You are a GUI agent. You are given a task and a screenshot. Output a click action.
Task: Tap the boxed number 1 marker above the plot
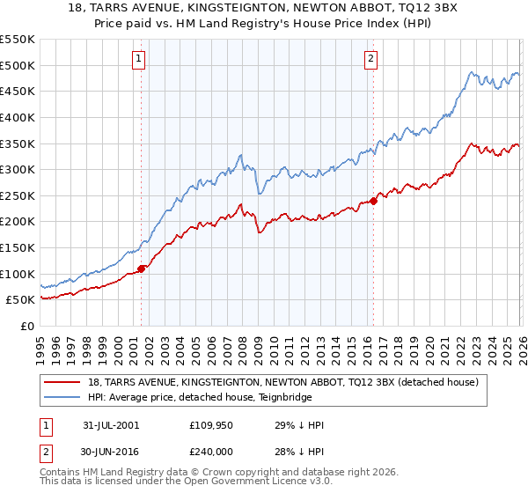pyautogui.click(x=140, y=59)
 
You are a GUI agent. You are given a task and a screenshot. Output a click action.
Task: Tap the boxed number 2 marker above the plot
pyautogui.click(x=370, y=59)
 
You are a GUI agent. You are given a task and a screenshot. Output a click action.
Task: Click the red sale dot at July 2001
pyautogui.click(x=142, y=269)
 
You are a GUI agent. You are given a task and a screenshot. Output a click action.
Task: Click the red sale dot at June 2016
pyautogui.click(x=373, y=201)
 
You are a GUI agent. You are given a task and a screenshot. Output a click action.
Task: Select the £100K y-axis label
pyautogui.click(x=18, y=274)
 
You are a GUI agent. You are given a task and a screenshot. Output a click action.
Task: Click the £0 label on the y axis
pyautogui.click(x=27, y=326)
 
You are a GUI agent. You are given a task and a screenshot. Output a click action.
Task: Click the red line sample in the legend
pyautogui.click(x=62, y=383)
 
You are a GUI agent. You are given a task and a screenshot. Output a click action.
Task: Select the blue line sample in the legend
pyautogui.click(x=62, y=398)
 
